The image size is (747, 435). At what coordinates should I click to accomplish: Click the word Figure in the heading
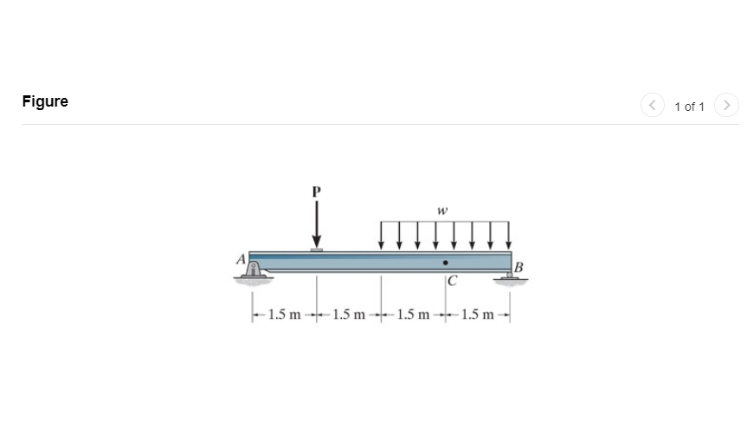coord(45,101)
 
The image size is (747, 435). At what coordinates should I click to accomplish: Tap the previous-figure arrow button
coord(651,105)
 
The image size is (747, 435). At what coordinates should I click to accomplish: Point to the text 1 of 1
coord(689,106)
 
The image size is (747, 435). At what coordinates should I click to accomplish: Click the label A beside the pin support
coord(240,257)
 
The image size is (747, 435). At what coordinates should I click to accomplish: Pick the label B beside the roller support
coord(519,266)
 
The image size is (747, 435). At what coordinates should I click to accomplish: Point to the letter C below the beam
coord(453,282)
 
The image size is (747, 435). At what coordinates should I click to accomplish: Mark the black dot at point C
coord(446,262)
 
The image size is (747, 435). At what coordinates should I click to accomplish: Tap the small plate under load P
coord(317,250)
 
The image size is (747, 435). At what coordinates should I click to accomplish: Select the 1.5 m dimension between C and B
coord(479,314)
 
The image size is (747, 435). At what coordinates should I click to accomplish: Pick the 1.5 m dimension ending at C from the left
coord(414,314)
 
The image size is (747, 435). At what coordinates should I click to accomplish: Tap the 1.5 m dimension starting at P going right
coord(349,314)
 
